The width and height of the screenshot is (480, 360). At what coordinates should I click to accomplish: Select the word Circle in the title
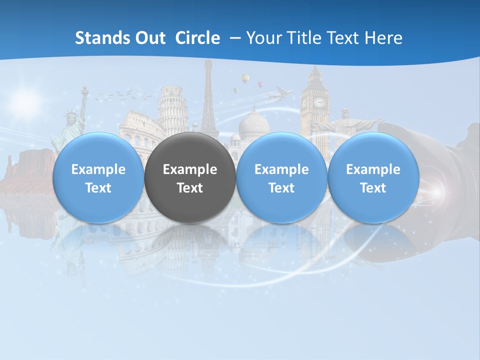pos(197,38)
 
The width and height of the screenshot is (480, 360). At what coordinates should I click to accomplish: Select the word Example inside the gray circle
pos(190,169)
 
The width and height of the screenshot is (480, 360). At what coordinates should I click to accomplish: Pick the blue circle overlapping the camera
pos(373,178)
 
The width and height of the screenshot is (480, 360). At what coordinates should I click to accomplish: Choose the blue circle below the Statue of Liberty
pos(98,178)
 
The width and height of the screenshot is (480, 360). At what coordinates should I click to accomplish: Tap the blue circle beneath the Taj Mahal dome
pos(281,178)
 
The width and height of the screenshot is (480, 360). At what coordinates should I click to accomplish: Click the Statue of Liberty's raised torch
pos(84,90)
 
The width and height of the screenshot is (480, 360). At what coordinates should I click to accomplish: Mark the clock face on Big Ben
pos(319,102)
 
